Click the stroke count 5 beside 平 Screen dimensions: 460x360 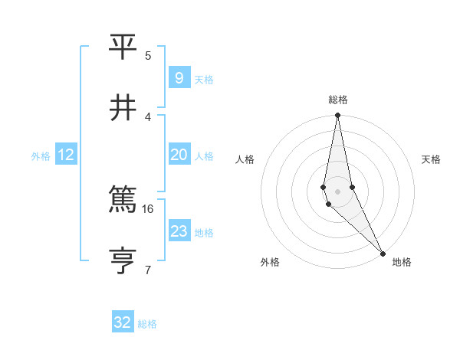[x=148, y=55]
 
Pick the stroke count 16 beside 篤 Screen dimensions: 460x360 [x=148, y=208]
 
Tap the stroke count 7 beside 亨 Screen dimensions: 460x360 [x=148, y=269]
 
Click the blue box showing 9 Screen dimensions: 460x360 [x=179, y=77]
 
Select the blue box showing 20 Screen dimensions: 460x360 [x=179, y=155]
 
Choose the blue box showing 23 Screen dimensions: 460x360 [x=179, y=231]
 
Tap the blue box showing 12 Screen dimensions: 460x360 [x=66, y=155]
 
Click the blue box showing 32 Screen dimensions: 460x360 [x=123, y=322]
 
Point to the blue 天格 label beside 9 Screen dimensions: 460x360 [x=204, y=80]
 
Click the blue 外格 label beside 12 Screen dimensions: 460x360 [x=41, y=156]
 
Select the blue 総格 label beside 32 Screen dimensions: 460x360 [x=147, y=324]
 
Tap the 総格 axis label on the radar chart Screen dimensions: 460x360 [x=338, y=100]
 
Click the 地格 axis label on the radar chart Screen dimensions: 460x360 [x=402, y=262]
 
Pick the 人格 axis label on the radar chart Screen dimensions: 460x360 [x=245, y=159]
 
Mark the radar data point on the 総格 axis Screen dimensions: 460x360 [x=337, y=116]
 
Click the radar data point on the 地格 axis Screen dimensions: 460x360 [x=383, y=253]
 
